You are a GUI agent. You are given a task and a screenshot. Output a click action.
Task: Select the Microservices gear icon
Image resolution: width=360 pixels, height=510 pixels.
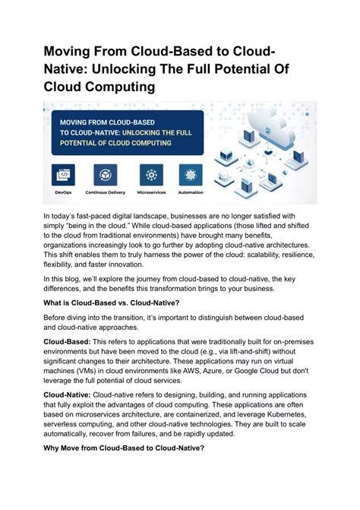(x=150, y=174)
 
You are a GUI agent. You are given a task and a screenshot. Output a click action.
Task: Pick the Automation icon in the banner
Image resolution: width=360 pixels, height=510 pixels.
(x=191, y=174)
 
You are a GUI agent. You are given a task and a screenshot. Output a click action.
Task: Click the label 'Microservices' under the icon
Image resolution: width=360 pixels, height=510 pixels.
(x=150, y=193)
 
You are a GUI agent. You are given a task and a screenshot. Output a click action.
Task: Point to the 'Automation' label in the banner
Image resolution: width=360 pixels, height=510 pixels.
(x=191, y=193)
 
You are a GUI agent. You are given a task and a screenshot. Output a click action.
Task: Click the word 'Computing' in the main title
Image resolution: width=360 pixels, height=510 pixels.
(x=120, y=87)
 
